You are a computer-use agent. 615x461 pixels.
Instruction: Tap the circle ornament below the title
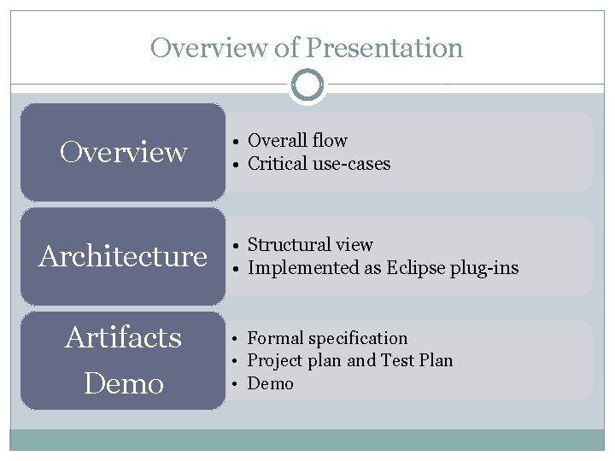point(307,85)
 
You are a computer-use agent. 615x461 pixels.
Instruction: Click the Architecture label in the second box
point(123,256)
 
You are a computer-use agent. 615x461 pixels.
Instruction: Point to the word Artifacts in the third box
point(123,338)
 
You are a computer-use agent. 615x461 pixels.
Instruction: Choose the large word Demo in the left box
point(123,383)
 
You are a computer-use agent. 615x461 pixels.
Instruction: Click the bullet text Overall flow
point(297,141)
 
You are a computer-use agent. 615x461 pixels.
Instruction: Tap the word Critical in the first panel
point(277,164)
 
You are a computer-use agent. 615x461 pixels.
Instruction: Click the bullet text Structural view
point(309,245)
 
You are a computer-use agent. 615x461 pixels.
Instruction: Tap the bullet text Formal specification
point(327,339)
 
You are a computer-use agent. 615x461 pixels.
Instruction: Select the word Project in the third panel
point(276,361)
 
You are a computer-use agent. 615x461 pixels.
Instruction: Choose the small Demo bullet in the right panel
point(270,383)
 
